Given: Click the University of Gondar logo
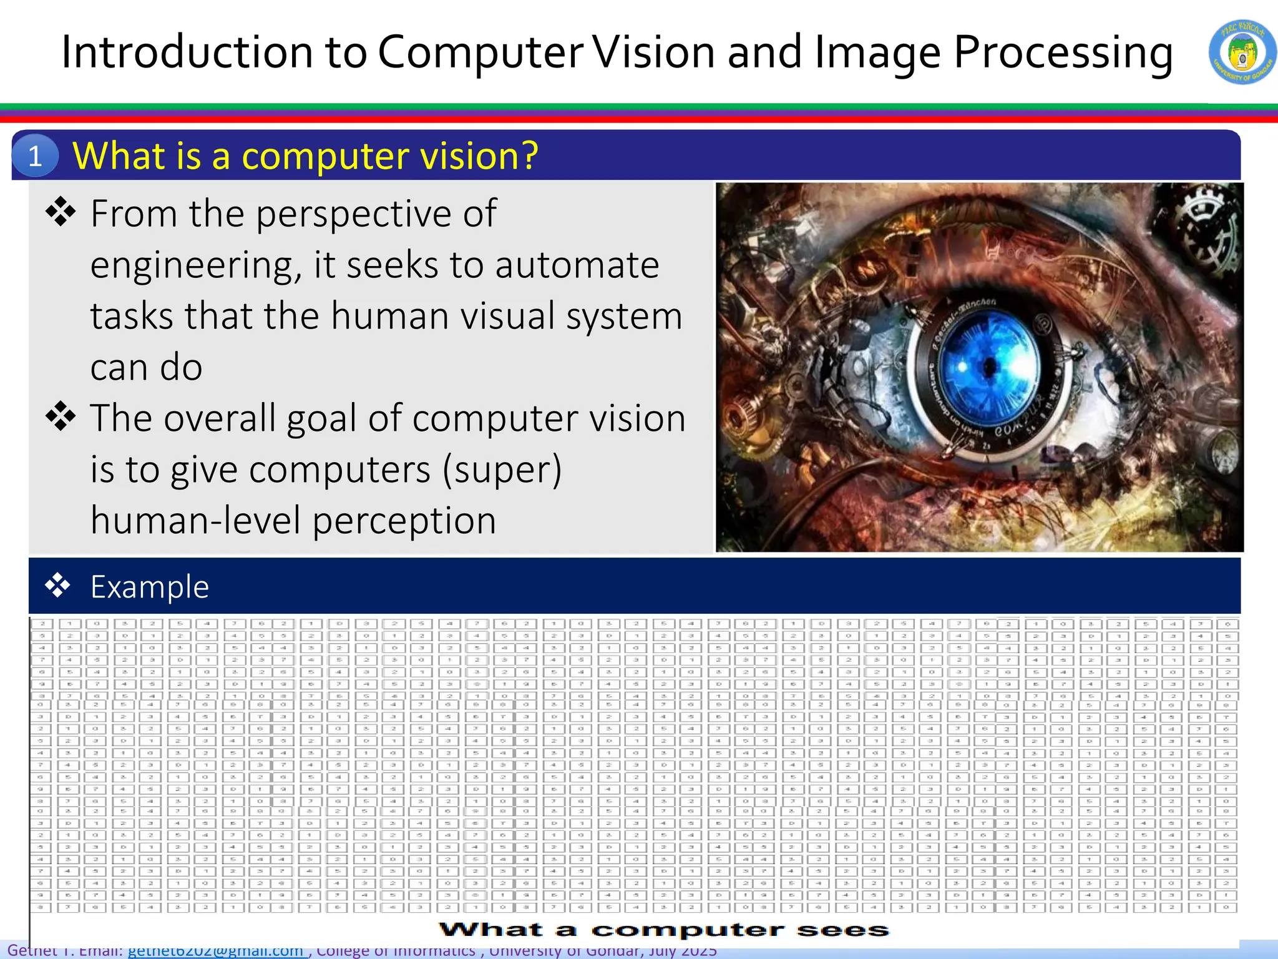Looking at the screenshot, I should pos(1242,52).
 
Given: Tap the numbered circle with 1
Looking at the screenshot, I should pos(35,155).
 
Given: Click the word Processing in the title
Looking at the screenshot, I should pos(1063,52).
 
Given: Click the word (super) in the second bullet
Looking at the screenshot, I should pos(502,470).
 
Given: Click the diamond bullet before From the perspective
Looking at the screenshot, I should pos(61,212).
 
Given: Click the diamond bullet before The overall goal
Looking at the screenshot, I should pos(61,416).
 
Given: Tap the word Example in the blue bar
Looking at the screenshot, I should pos(150,587).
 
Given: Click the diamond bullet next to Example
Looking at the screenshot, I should pos(57,586).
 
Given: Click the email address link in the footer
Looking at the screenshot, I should pos(215,951).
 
